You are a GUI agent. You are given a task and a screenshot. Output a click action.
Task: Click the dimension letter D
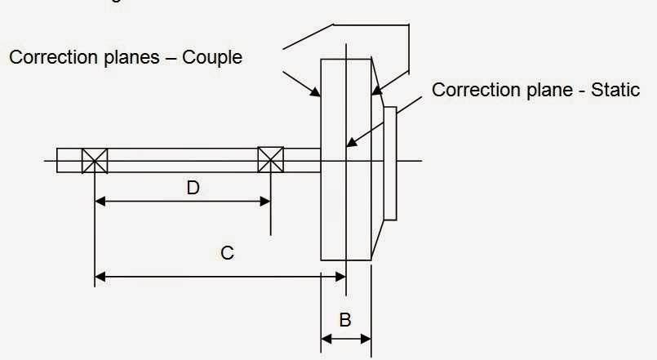(x=193, y=188)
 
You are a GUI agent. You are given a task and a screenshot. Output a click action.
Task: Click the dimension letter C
(x=228, y=253)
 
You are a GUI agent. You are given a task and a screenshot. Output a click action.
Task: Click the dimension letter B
(x=345, y=319)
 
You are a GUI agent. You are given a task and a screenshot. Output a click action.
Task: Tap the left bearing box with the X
(x=95, y=159)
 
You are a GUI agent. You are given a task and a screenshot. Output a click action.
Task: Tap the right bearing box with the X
(x=270, y=159)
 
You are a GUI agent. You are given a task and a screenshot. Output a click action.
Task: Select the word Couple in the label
(x=214, y=58)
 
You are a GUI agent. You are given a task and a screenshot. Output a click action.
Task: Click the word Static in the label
(x=608, y=90)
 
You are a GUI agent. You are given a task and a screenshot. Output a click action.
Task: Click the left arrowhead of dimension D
(x=100, y=200)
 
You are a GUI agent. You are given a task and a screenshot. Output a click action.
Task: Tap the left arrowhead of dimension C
(x=100, y=277)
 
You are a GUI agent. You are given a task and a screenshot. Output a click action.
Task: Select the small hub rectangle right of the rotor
(x=391, y=163)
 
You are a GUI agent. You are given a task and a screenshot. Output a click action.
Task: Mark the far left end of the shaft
(x=58, y=159)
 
